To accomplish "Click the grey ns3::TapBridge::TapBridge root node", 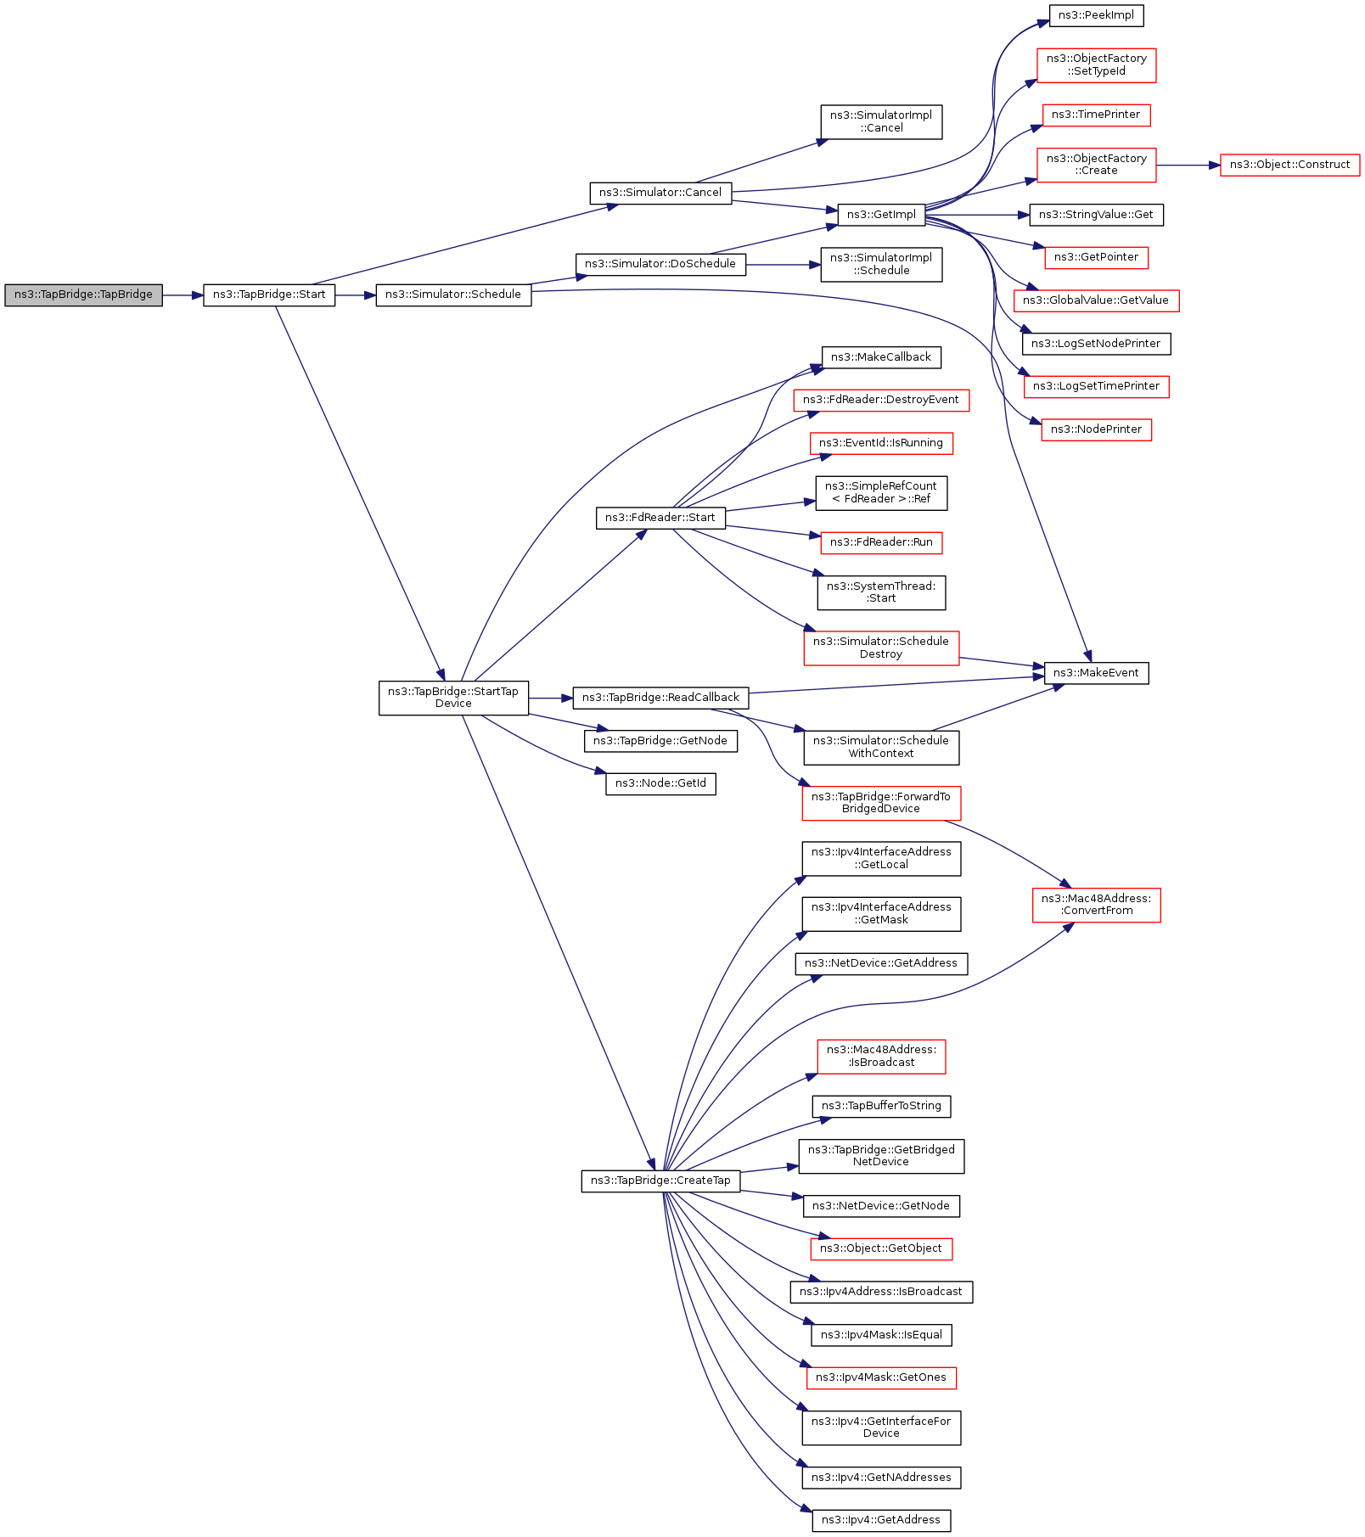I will click(x=83, y=295).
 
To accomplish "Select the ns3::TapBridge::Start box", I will click(x=269, y=295).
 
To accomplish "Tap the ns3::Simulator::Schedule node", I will click(x=453, y=295).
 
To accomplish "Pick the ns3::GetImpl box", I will click(x=881, y=215).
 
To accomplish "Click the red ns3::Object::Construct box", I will click(x=1289, y=165).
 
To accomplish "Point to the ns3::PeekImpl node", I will click(x=1096, y=15).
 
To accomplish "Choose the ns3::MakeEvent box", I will click(x=1096, y=673).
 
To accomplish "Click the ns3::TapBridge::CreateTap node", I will click(x=660, y=1181).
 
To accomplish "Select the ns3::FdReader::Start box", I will click(x=660, y=518).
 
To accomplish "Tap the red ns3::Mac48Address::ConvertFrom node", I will click(x=1096, y=905).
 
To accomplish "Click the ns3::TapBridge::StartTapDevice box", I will click(x=453, y=698).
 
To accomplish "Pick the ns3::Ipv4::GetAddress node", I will click(x=881, y=1520).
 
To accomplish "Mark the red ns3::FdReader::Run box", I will click(x=881, y=542).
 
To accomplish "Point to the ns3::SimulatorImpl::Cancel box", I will click(x=881, y=122).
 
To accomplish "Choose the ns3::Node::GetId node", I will click(x=660, y=783).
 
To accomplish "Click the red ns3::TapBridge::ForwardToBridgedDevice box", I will click(x=881, y=803).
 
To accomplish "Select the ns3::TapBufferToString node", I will click(x=881, y=1106).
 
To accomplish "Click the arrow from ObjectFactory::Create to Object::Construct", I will click(x=1188, y=165).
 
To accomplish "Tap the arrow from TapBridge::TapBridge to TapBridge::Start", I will click(x=183, y=295).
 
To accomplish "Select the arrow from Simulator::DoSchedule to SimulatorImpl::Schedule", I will click(x=784, y=265).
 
